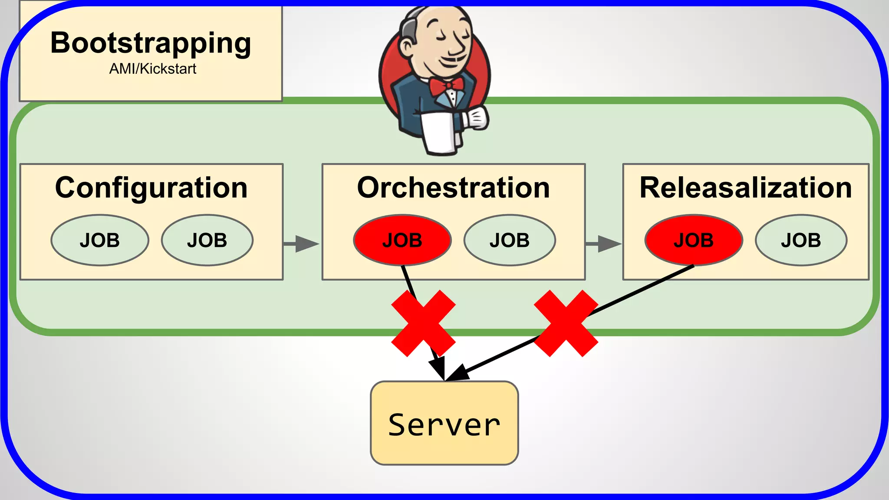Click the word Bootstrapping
pyautogui.click(x=151, y=43)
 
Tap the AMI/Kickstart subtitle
pyautogui.click(x=152, y=69)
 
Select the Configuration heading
pyautogui.click(x=151, y=187)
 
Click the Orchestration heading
pyautogui.click(x=453, y=187)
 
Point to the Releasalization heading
pyautogui.click(x=745, y=187)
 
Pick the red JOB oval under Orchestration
pyautogui.click(x=402, y=240)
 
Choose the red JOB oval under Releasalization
pyautogui.click(x=693, y=240)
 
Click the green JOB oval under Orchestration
pyautogui.click(x=509, y=240)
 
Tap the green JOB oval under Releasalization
pyautogui.click(x=800, y=240)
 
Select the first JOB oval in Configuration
pyautogui.click(x=99, y=240)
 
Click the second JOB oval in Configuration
pyautogui.click(x=207, y=240)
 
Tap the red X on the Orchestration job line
pyautogui.click(x=423, y=323)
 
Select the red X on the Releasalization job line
pyautogui.click(x=566, y=323)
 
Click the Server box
pyautogui.click(x=444, y=423)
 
